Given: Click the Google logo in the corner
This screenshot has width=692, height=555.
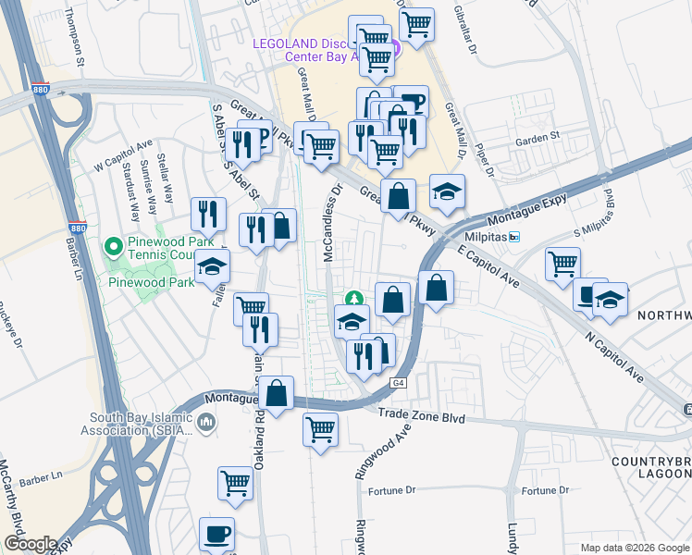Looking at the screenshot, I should [30, 544].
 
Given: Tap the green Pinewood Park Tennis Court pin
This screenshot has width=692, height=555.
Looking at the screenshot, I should [114, 247].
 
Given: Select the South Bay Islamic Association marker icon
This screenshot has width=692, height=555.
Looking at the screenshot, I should [206, 423].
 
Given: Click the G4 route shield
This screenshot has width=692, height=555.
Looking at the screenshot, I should [398, 382].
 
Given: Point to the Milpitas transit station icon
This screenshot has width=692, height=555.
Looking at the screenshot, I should [515, 237].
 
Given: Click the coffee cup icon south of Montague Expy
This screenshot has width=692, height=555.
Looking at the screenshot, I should [216, 534].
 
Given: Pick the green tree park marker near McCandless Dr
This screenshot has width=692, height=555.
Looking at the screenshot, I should [352, 299].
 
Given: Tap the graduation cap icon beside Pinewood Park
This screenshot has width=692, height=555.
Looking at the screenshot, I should [213, 266].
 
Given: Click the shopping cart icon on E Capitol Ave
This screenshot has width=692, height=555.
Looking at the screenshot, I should [562, 265].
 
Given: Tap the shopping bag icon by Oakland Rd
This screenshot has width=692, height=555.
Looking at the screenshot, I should [277, 393].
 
